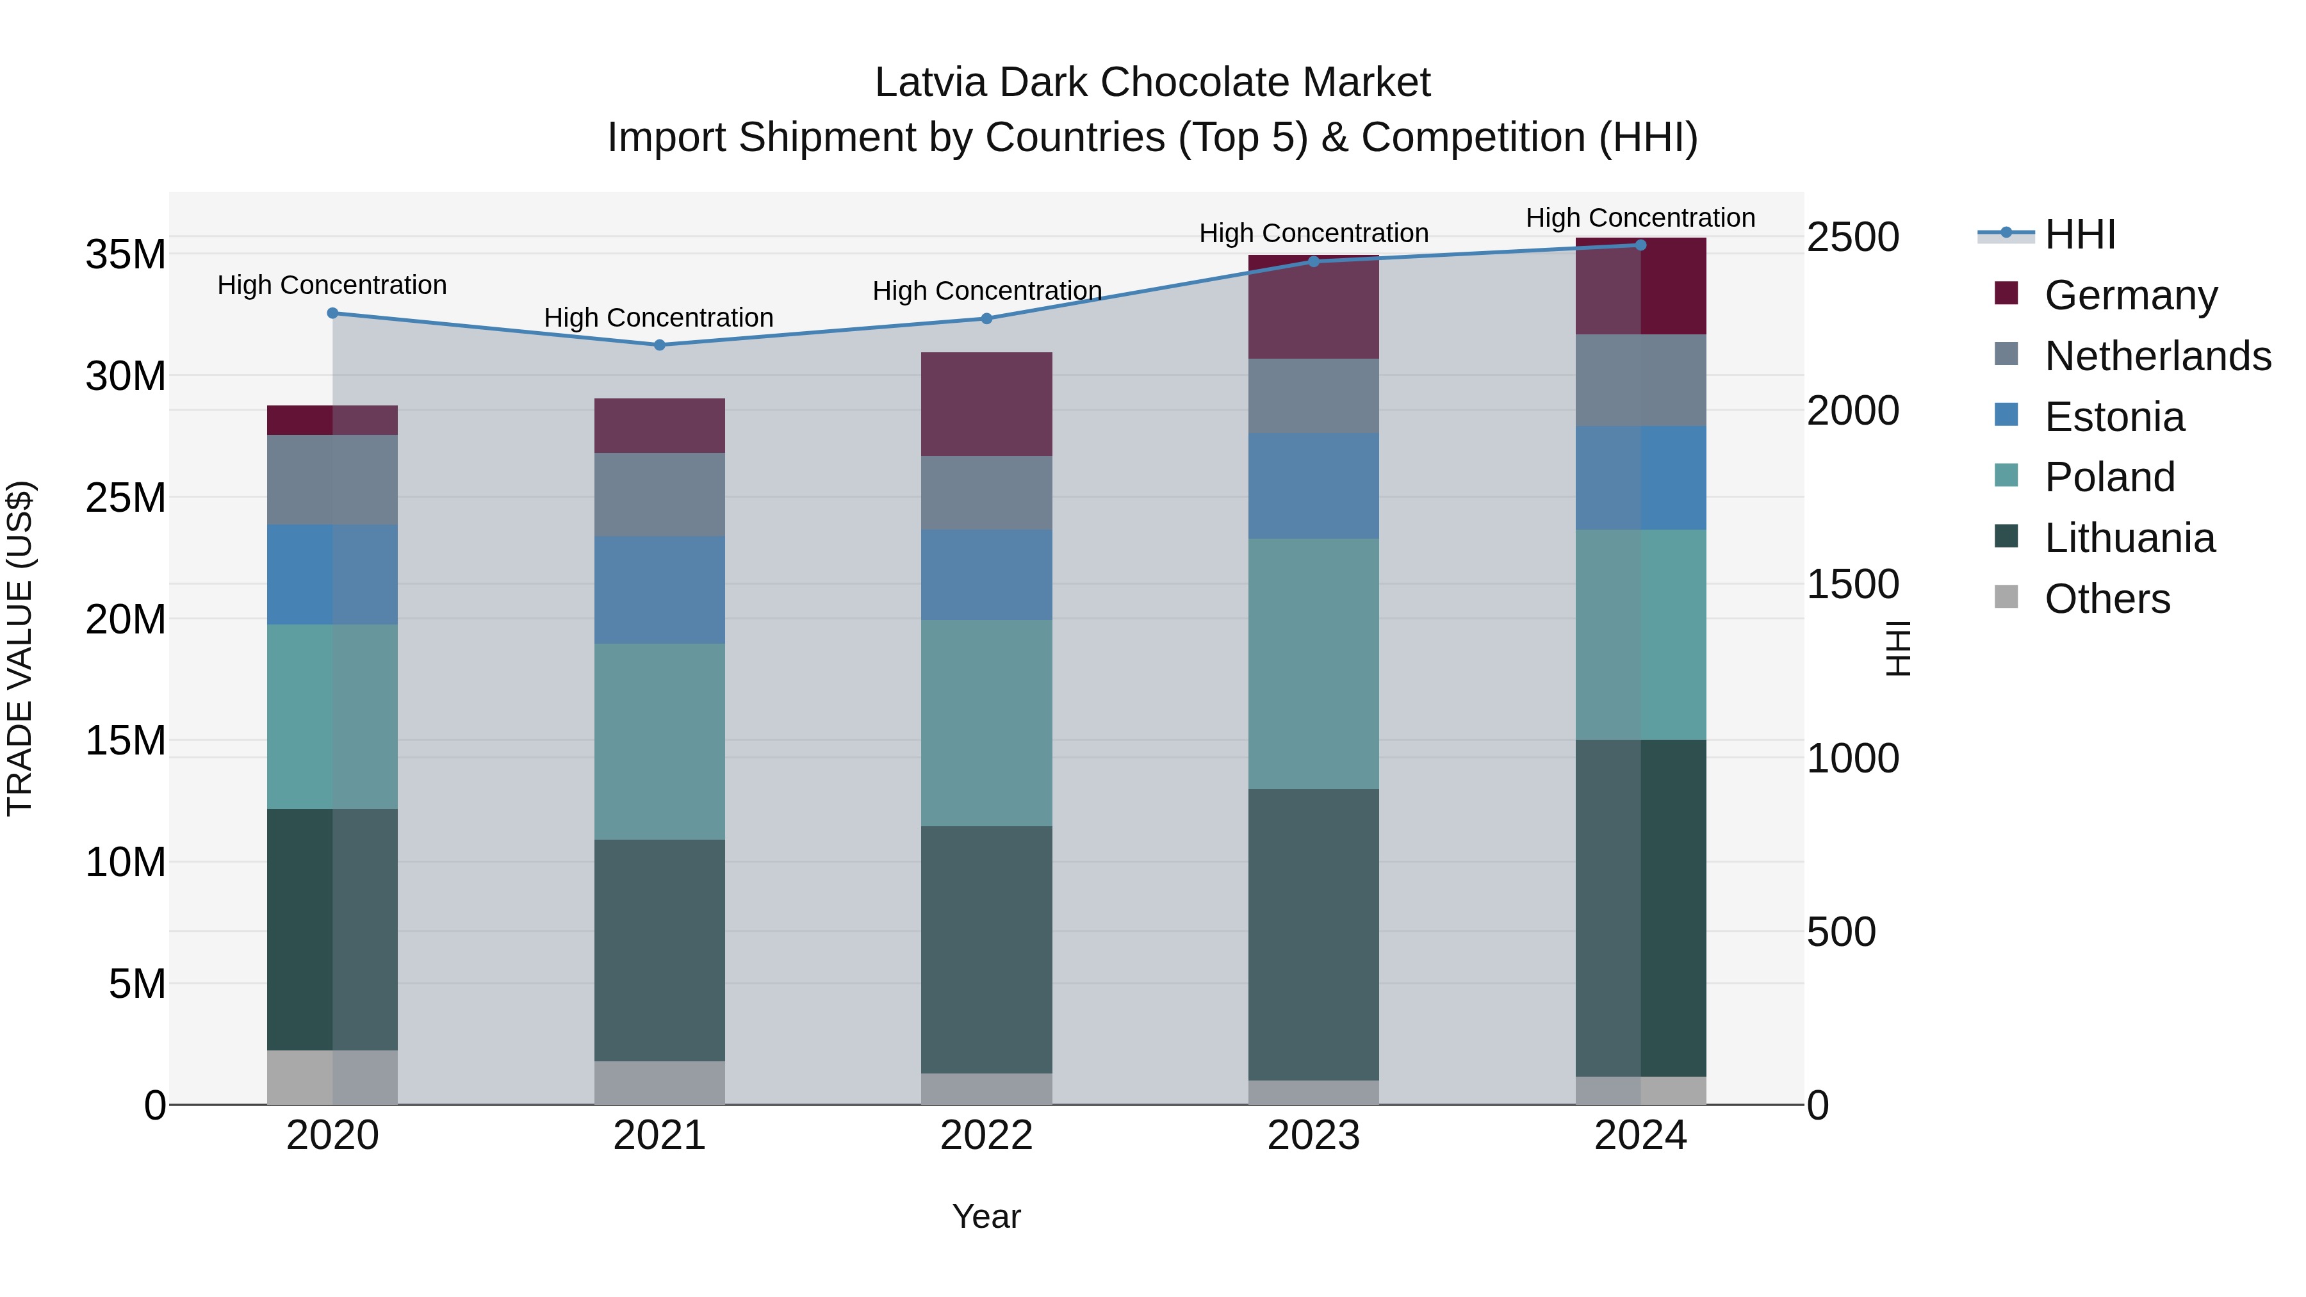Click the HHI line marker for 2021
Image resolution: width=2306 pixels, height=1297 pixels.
(660, 345)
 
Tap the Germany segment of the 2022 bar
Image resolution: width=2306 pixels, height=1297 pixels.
(986, 405)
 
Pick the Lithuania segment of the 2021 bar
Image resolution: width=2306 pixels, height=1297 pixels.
(660, 950)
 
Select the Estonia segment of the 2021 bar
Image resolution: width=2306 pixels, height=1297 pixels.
(660, 590)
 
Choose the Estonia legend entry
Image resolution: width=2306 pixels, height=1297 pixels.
(2114, 417)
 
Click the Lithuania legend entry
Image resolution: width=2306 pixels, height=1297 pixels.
(2129, 538)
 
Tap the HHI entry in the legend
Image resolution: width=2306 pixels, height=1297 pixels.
(2079, 234)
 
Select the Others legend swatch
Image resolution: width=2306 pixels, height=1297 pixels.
(2006, 597)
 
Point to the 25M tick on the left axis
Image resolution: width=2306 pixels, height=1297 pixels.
(126, 498)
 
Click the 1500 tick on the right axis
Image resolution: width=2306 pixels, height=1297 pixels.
(1852, 585)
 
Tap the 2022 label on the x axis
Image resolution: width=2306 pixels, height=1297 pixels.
(986, 1136)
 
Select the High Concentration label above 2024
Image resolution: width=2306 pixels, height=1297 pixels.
(1640, 218)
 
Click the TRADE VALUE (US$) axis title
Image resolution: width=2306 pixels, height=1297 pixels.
(20, 648)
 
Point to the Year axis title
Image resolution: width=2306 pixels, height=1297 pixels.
(986, 1216)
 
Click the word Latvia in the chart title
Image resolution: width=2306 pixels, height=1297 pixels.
(930, 83)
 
